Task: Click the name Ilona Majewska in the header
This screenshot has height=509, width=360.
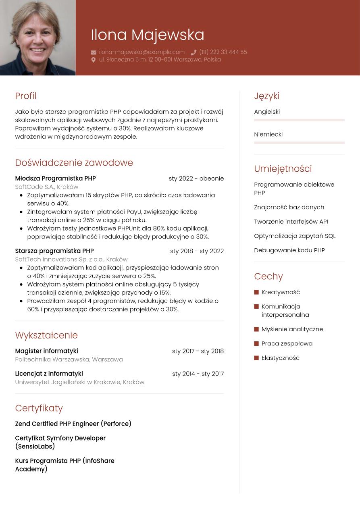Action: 147,35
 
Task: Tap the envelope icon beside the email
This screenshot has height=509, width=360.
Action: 94,52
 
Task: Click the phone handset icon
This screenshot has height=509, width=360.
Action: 194,52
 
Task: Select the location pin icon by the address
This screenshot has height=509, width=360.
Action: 94,60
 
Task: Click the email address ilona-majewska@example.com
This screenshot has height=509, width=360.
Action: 142,52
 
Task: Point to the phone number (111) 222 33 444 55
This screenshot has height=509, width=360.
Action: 223,52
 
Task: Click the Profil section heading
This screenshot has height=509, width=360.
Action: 26,96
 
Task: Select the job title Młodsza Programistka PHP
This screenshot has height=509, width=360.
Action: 55,178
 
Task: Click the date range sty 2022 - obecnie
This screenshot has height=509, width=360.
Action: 196,178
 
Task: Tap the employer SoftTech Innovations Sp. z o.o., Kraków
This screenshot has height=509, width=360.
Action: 71,259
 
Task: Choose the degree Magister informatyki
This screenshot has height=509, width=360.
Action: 46,351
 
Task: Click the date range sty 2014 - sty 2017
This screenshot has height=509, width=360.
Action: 198,374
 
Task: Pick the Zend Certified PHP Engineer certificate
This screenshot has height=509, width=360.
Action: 73,424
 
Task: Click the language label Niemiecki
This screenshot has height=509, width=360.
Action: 268,134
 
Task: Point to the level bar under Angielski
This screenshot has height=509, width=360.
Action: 299,120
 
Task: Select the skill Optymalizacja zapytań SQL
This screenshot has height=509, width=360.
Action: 295,236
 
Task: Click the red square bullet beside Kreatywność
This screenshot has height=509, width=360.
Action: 256,292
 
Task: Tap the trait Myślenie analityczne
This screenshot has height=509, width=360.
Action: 292,329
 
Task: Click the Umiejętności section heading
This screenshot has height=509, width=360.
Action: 283,169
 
